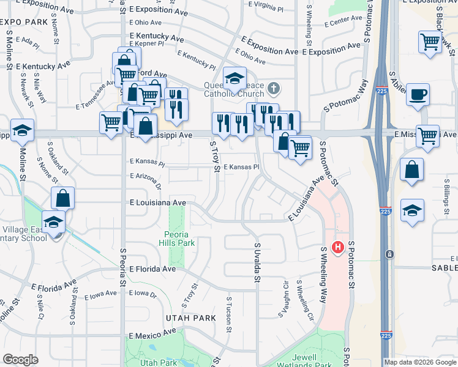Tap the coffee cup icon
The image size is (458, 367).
[x=418, y=95]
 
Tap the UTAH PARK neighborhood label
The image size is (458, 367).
[x=190, y=318]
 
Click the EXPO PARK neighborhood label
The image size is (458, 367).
[x=24, y=22]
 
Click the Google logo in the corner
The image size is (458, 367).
[x=20, y=360]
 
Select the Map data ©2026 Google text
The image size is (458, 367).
[x=420, y=362]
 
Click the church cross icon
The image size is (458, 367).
[x=274, y=89]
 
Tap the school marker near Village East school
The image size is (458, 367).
[x=54, y=221]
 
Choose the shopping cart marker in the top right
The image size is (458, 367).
[x=430, y=42]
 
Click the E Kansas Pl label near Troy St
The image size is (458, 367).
[x=242, y=166]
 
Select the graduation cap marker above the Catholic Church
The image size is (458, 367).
[x=234, y=78]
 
